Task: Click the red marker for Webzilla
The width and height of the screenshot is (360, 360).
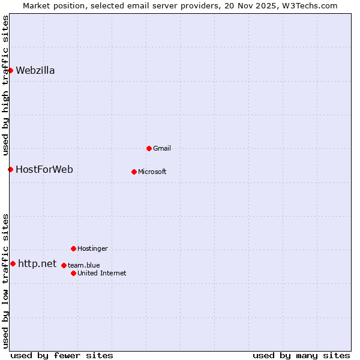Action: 10,70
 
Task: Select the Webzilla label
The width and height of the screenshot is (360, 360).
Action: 35,70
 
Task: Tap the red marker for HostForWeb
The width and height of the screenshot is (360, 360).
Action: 10,169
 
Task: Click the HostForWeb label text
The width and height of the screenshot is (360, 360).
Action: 44,169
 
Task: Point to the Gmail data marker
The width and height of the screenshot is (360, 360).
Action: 149,148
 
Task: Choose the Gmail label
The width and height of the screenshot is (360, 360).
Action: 162,148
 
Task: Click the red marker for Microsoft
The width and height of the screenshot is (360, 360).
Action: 134,172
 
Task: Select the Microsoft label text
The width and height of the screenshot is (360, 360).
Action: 152,172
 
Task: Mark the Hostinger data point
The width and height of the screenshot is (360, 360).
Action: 73,248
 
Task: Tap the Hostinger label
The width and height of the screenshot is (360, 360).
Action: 92,248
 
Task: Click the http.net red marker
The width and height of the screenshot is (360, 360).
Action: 13,263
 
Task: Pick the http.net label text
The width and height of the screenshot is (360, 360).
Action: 37,263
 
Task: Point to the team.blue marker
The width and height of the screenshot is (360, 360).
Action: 64,265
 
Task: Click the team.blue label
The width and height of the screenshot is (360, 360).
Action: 83,265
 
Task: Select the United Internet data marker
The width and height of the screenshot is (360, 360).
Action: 73,273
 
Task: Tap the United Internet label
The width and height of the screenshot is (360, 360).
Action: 102,273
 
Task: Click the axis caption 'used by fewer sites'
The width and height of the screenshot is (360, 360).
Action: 62,355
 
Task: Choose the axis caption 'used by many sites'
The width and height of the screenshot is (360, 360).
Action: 301,355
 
